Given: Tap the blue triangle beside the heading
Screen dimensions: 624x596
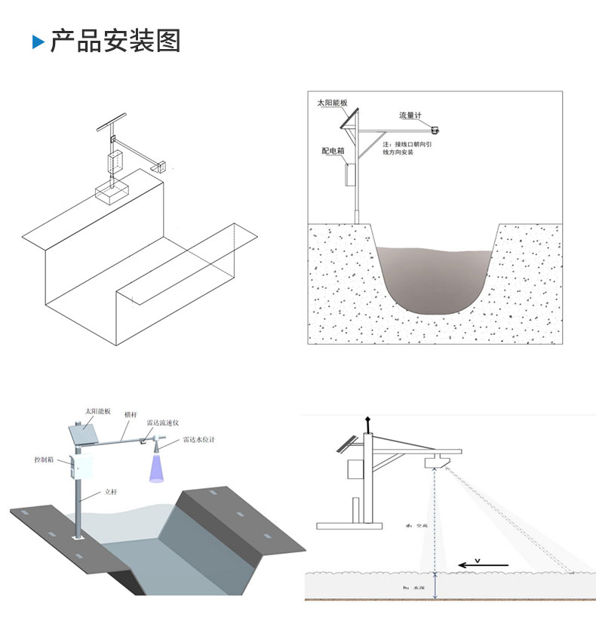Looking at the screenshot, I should point(38,41).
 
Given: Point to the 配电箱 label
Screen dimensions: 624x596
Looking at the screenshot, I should point(332,151).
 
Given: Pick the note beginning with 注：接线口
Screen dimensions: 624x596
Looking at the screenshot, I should point(407,147).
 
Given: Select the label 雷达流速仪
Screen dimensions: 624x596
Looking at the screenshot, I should point(162,423).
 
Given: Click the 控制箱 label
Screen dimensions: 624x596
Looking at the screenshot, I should point(46,459).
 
